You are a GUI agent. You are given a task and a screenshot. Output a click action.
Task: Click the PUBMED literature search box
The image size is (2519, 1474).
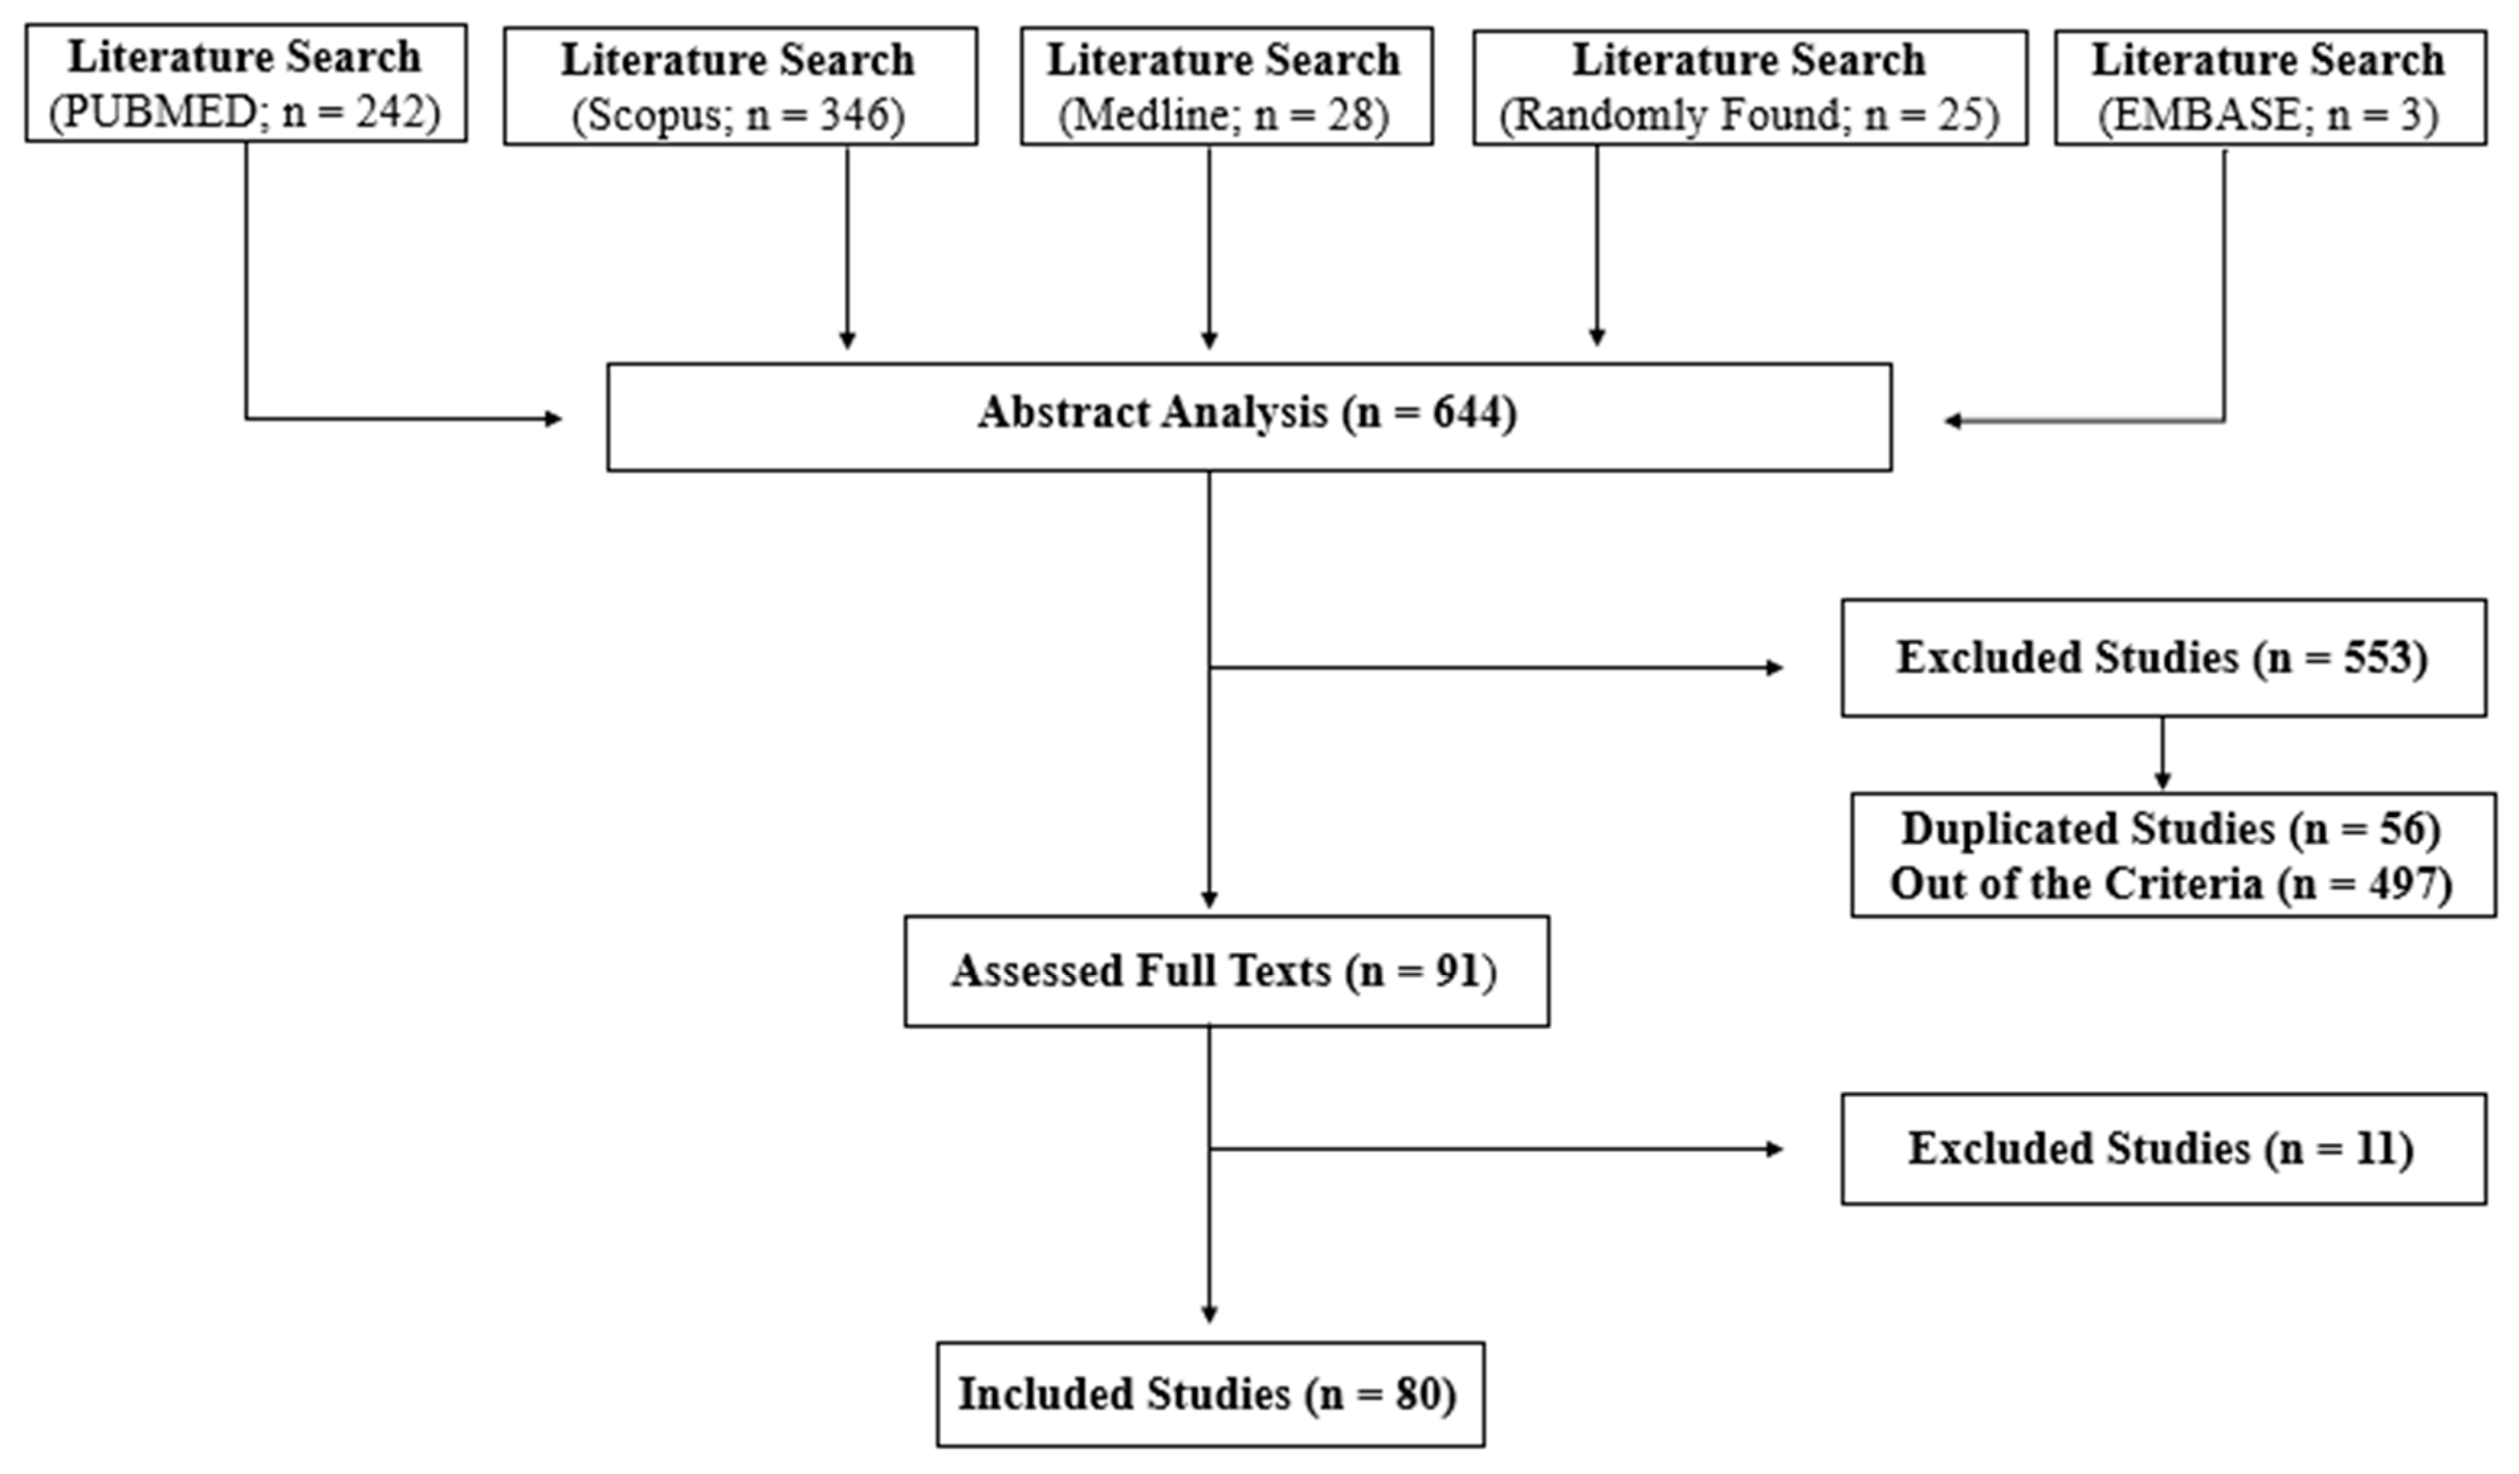pos(246,84)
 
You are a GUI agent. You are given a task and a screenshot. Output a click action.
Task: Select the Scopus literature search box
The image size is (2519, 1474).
pos(739,87)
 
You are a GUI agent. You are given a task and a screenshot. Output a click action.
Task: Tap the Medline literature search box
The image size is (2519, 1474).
pos(1226,87)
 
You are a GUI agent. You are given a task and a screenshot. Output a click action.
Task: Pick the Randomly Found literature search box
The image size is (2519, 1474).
pos(1749,87)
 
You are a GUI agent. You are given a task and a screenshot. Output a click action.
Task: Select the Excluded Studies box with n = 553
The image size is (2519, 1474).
pos(2163,658)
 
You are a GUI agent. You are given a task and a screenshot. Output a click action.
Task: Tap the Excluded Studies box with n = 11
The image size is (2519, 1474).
pos(2163,1148)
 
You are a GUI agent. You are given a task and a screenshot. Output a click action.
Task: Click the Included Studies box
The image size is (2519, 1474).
pos(1210,1394)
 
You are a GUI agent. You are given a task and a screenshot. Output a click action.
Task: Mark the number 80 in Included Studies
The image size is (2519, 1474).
pos(1421,1394)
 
